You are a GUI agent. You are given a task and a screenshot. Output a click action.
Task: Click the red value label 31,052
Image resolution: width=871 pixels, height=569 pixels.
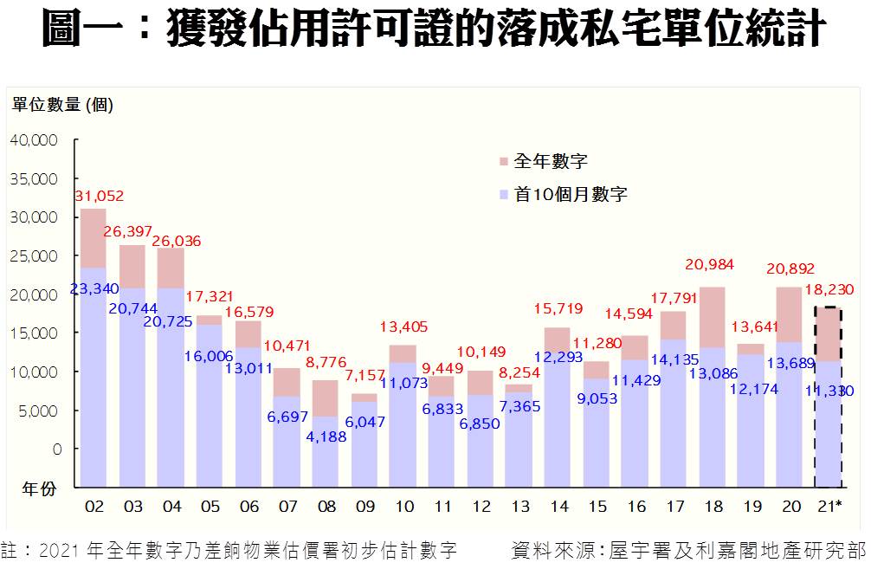coord(100,197)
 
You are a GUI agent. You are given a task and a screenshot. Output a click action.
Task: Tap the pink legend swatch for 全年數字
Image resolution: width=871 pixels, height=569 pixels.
coord(503,162)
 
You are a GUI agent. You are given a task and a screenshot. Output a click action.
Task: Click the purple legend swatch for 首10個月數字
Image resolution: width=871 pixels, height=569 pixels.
coord(503,195)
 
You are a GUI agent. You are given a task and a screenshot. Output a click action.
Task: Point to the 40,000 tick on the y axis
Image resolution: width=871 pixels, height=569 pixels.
coord(34,140)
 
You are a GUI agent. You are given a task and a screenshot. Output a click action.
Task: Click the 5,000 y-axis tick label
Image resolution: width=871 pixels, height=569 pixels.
coord(39,411)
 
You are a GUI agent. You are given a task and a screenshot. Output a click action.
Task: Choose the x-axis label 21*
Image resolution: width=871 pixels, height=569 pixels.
coord(829,507)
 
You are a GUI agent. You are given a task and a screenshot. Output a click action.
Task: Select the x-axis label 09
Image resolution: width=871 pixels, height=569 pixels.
coord(365,507)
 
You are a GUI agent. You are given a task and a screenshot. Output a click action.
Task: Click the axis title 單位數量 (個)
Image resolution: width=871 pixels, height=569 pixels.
coord(62,106)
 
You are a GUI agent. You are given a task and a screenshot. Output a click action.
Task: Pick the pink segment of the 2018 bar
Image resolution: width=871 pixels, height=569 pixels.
coord(712,317)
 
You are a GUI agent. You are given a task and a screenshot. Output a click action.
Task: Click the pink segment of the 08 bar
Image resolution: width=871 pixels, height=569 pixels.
coord(326,398)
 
